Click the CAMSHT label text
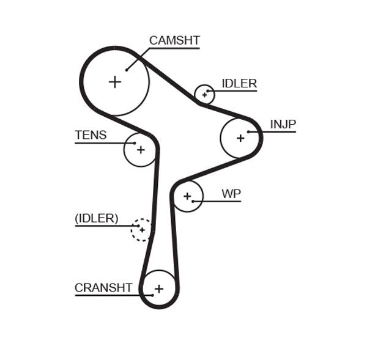click(174, 41)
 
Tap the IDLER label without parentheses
click(239, 84)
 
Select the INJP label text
click(283, 124)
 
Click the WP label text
click(231, 194)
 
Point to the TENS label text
click(91, 135)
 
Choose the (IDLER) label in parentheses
click(97, 218)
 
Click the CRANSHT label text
click(103, 287)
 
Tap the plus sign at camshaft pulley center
click(115, 81)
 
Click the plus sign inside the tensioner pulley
click(141, 149)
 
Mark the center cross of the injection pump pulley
click(240, 138)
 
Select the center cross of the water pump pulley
click(187, 196)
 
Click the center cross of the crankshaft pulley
click(159, 288)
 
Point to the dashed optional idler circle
click(142, 230)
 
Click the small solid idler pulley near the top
click(204, 95)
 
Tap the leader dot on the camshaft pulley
click(127, 70)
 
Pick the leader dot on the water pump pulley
click(193, 201)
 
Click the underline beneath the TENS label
click(104, 143)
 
